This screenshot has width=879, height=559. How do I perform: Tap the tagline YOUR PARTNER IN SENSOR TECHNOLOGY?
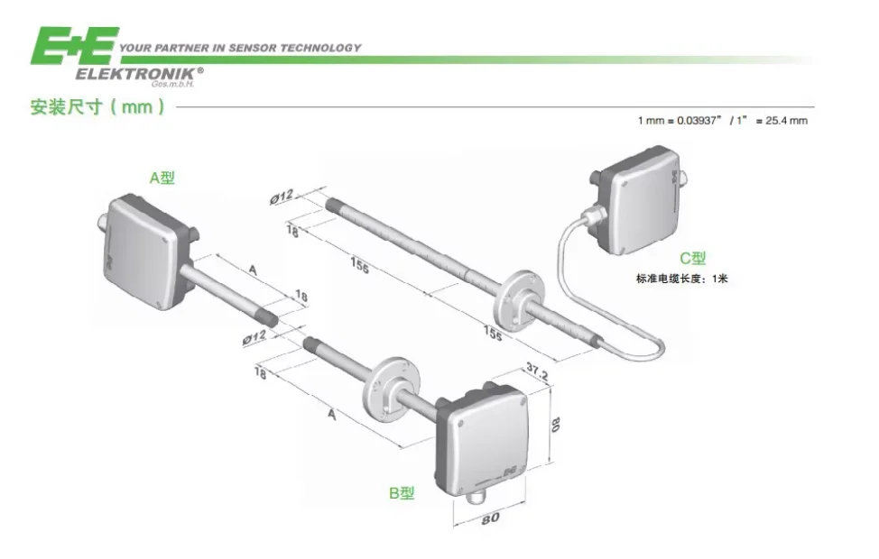[x=240, y=48]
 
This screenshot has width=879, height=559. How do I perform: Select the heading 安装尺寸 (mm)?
[x=97, y=107]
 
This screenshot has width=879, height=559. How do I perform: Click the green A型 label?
[x=162, y=179]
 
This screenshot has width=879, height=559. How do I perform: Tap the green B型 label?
[x=402, y=493]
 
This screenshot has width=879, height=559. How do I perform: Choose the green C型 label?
[x=693, y=259]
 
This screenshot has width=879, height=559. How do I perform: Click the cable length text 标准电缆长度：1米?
[x=681, y=279]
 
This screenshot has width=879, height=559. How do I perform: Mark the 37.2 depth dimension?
[x=538, y=370]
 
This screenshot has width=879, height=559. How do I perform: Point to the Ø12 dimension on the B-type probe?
[x=254, y=338]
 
